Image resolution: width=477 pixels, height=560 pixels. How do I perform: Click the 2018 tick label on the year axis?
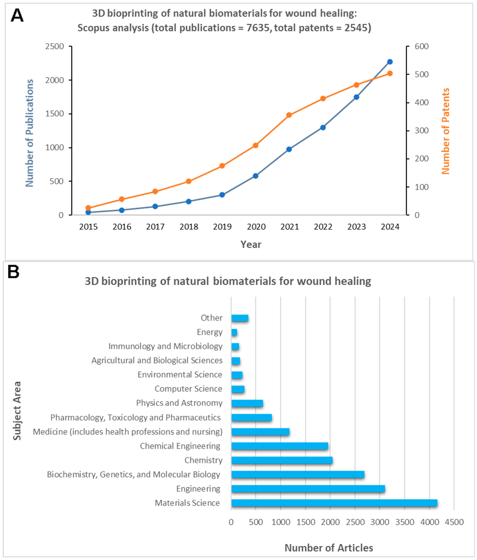[189, 227]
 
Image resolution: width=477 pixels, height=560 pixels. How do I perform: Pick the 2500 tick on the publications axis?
[55, 46]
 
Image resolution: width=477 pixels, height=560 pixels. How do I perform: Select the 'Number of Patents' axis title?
[445, 131]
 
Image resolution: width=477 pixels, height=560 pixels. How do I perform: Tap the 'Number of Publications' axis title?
[29, 133]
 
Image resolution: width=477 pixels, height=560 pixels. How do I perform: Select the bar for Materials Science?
[334, 503]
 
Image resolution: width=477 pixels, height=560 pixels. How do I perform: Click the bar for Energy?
[234, 332]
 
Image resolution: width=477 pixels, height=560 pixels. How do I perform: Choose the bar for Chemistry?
[282, 460]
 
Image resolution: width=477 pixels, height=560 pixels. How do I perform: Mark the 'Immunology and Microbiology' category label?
[165, 346]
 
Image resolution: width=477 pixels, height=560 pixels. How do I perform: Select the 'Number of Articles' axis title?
[329, 548]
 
